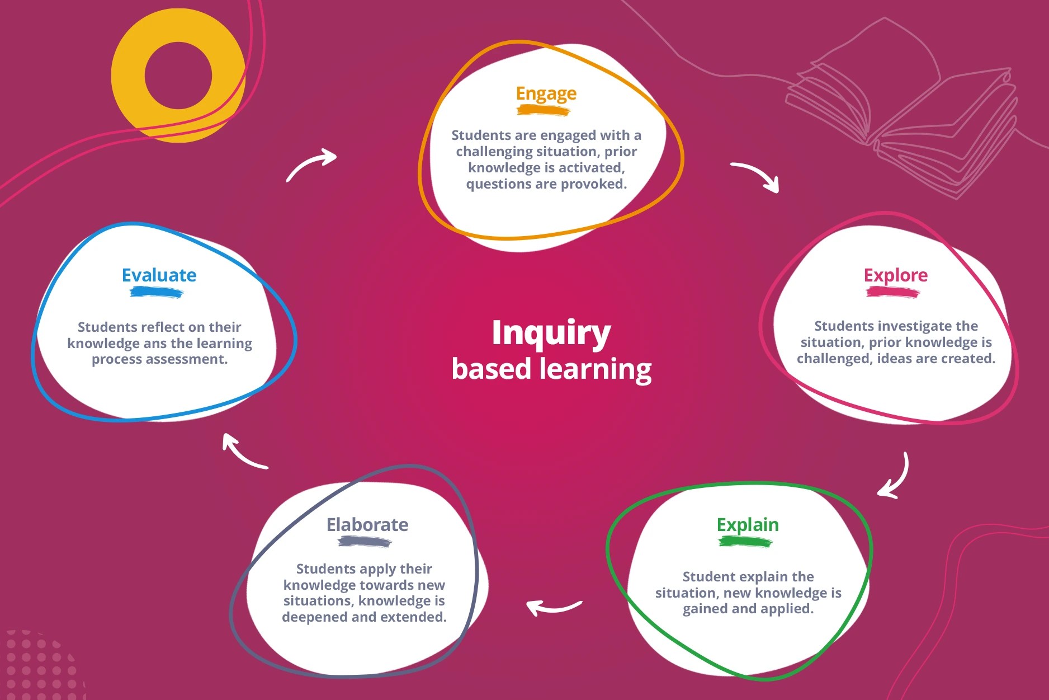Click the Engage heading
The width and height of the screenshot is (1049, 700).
pyautogui.click(x=546, y=94)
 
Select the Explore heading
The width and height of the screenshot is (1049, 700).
pyautogui.click(x=895, y=275)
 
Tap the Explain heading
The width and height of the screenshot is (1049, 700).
pyautogui.click(x=748, y=525)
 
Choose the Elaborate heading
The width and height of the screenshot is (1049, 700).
pyautogui.click(x=367, y=525)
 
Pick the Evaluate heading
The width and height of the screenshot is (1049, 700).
pyautogui.click(x=159, y=275)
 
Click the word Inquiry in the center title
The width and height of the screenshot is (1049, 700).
pyautogui.click(x=551, y=333)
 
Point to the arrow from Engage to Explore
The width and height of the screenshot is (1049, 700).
pyautogui.click(x=756, y=175)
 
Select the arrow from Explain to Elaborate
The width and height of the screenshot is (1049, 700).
pyautogui.click(x=554, y=607)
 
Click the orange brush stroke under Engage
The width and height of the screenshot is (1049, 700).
pyautogui.click(x=543, y=110)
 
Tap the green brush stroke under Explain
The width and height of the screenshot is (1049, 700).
pyautogui.click(x=745, y=542)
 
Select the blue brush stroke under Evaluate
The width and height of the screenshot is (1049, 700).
pyautogui.click(x=157, y=292)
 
